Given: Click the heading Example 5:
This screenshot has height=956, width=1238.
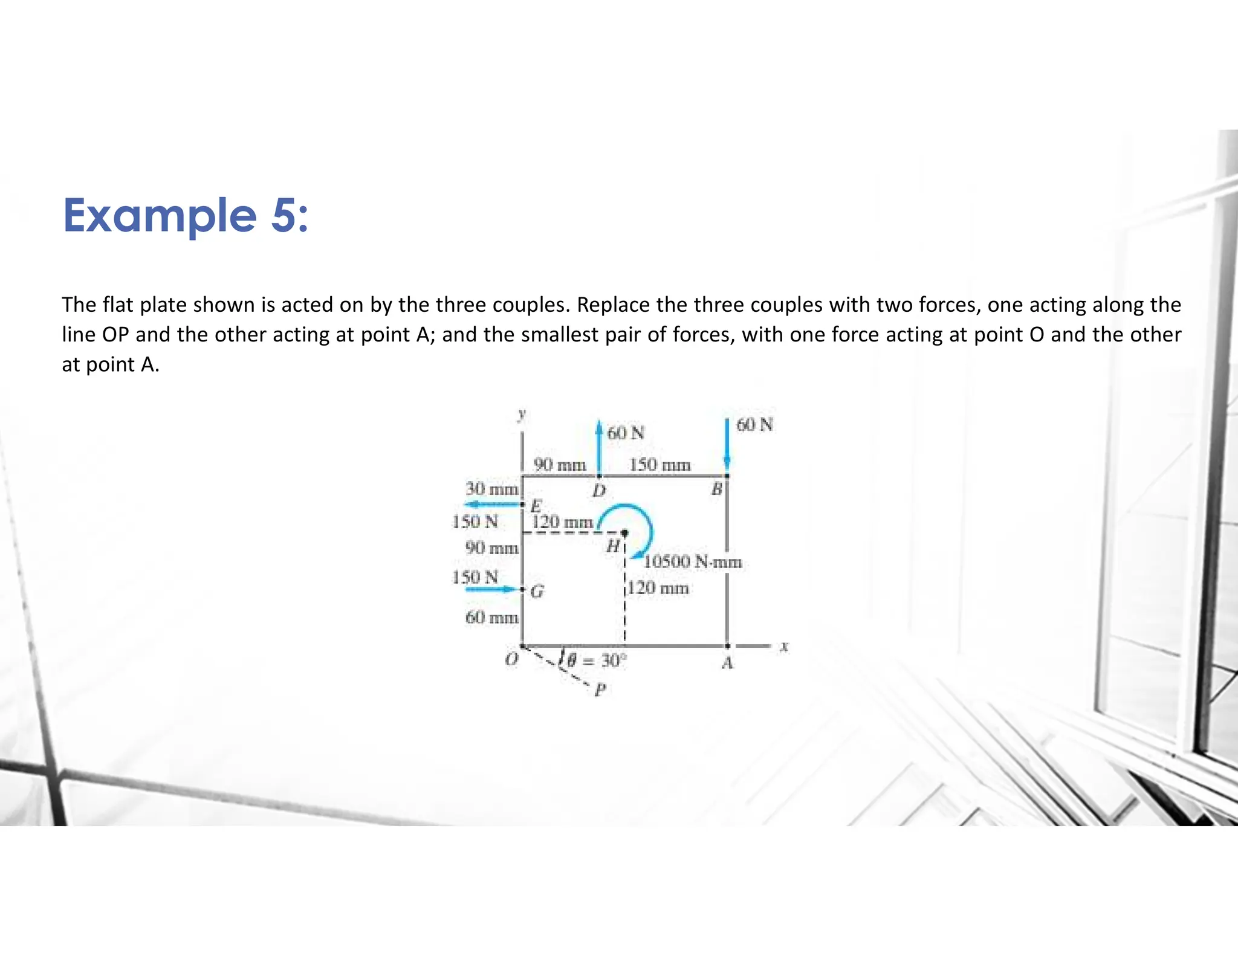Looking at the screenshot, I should pos(186,216).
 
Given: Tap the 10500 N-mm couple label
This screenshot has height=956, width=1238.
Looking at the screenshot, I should pos(693,562).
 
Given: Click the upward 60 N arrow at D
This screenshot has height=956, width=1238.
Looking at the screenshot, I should pos(598,447).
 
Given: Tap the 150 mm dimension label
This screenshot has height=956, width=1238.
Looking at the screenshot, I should pos(660,465).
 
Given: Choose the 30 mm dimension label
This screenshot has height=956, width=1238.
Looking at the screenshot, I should pos(491,488).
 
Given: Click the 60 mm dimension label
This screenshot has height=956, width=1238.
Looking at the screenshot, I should pos(491,617).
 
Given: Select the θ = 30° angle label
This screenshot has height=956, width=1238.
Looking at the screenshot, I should pos(595,660).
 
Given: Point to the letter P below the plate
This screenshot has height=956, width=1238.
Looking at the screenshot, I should pos(600,690).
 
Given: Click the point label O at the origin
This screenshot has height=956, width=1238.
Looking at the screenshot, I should pos(511,659).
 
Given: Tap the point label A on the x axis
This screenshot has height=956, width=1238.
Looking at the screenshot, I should pos(727,664).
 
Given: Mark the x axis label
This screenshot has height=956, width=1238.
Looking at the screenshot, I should pos(784,647).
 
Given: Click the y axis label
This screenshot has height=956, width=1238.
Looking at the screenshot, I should pos(522,414).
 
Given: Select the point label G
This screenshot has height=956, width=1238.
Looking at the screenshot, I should pos(537,592).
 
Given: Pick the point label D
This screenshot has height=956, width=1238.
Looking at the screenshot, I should pos(598,490).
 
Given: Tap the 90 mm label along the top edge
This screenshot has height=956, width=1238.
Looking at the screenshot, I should pos(560,465).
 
